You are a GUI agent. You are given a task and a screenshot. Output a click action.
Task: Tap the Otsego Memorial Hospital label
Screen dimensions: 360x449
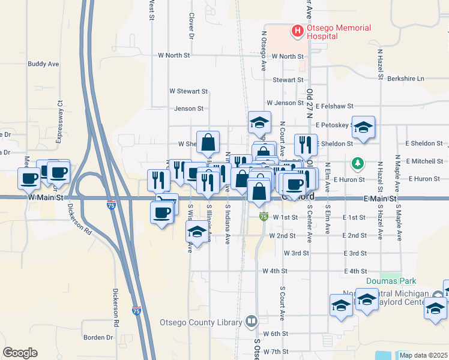point(339,32)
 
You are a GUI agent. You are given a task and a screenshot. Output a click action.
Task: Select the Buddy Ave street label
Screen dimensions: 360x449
point(43,64)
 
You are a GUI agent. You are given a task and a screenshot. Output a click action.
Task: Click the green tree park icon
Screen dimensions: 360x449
point(358,163)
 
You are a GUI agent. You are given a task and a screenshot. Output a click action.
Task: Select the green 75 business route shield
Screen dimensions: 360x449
point(263,215)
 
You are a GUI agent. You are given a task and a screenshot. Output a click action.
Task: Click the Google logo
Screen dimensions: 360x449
point(20,353)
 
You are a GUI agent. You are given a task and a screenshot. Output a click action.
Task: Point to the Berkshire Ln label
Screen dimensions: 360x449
point(405,79)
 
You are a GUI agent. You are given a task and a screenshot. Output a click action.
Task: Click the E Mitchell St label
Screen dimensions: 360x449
point(424,161)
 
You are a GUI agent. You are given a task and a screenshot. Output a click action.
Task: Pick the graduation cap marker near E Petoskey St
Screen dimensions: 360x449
point(363,127)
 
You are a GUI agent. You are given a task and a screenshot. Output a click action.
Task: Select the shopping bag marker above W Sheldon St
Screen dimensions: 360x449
point(208,143)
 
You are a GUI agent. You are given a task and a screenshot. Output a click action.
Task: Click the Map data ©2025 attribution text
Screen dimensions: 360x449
point(423,355)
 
